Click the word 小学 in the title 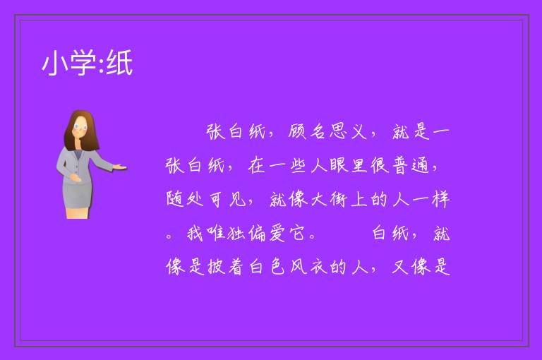[x=69, y=63]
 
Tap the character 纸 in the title [x=119, y=63]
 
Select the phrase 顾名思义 [x=327, y=131]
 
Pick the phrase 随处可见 [x=206, y=199]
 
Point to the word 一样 [x=431, y=199]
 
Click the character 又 [x=400, y=267]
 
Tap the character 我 [x=195, y=233]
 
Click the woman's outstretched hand [x=119, y=167]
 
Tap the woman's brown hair [x=82, y=130]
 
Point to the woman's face [x=80, y=126]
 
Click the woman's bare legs [x=78, y=212]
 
